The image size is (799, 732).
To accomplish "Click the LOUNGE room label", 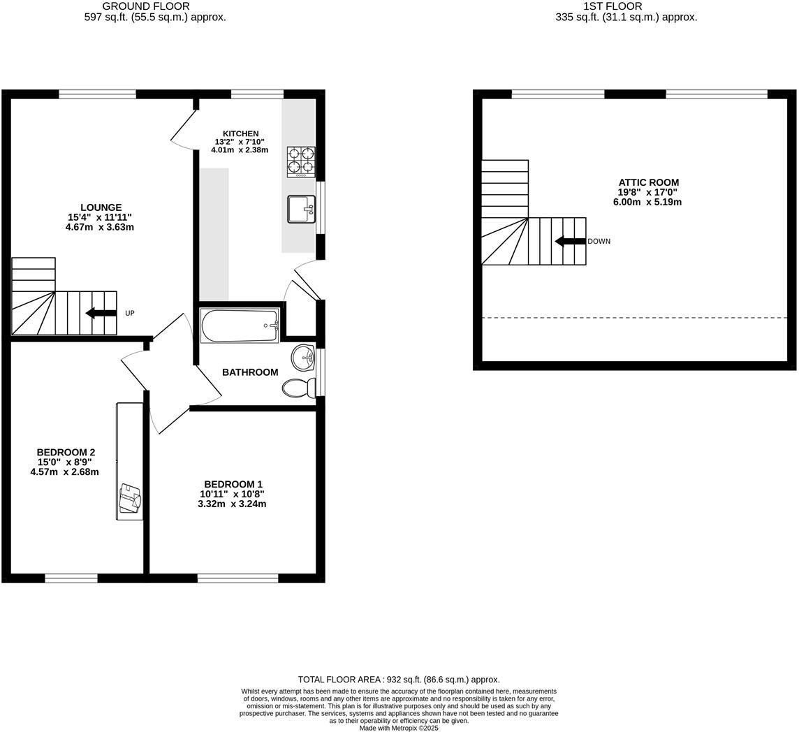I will coord(101,207).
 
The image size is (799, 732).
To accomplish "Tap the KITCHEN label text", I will coord(240,133).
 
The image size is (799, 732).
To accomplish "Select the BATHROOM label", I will coord(250,372).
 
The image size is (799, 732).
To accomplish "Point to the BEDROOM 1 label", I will coord(233,484).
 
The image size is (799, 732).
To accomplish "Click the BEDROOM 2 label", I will coord(66,452).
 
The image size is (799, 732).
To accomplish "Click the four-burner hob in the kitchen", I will coord(300,161).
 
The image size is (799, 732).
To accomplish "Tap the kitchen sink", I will coord(301,209).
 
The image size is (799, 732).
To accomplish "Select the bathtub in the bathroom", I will coord(240,325).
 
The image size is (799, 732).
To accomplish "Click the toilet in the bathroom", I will coord(300,387).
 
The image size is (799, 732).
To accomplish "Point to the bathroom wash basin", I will coord(304,358).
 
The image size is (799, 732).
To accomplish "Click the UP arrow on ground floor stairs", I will coord(101,313).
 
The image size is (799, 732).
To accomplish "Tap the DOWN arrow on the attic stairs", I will coord(570,242).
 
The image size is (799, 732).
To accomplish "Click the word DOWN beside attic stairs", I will coord(599,242).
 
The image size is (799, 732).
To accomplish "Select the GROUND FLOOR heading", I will coord(145,6).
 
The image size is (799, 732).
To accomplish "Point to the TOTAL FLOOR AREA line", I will coord(399,679).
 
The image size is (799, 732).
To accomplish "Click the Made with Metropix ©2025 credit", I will coord(399,728).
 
